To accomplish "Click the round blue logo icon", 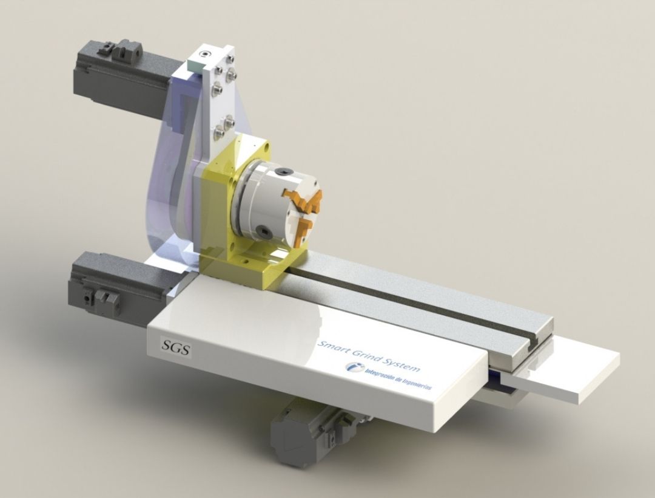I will coord(353,368).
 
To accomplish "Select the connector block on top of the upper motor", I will coord(121,49).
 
